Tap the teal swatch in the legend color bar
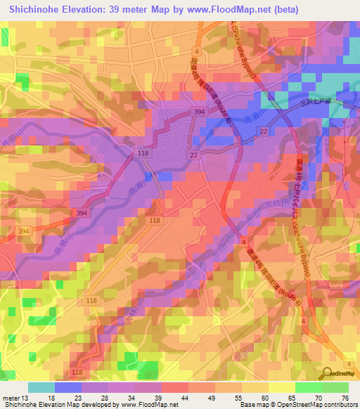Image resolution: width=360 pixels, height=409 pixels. pos(41,387)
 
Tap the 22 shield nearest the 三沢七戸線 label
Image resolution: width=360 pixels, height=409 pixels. pos(264,132)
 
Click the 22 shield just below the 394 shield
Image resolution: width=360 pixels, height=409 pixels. pos(193,155)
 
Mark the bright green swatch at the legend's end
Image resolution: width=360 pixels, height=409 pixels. pos(335,387)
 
